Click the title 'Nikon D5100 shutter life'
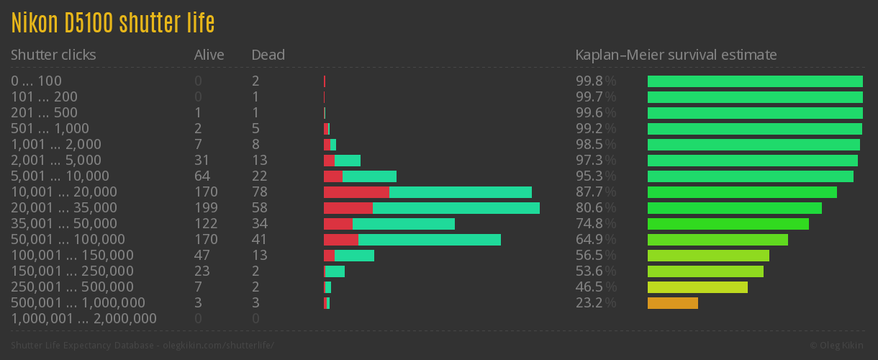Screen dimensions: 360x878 tap(113, 23)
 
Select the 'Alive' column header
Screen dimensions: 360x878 tap(209, 55)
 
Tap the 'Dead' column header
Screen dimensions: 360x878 tap(268, 55)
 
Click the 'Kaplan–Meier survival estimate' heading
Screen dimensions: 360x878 tap(676, 55)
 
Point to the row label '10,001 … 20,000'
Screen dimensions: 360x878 tap(64, 192)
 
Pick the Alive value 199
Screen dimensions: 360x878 tap(206, 208)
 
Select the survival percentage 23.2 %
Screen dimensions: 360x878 tap(596, 303)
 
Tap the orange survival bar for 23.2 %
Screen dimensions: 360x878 tap(672, 303)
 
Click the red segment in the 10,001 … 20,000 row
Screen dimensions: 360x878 tap(356, 192)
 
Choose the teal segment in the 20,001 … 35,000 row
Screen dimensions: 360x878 tap(456, 208)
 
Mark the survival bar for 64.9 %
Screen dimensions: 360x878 tap(718, 240)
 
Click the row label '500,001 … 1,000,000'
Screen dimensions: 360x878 tap(78, 303)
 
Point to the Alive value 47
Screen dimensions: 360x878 tap(202, 256)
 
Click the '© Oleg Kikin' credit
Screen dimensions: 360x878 tap(838, 346)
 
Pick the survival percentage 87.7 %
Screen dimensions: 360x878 tap(596, 192)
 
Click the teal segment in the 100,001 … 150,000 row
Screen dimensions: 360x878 tap(354, 256)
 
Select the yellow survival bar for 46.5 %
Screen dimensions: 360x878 tap(697, 287)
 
